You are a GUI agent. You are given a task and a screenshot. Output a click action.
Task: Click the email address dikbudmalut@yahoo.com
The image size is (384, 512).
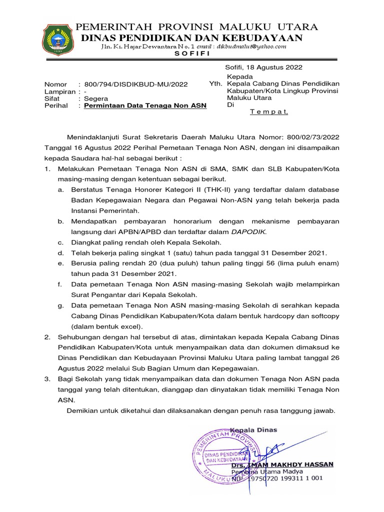pyautogui.click(x=254, y=46)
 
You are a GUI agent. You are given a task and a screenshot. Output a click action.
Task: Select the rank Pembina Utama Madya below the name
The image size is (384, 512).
pyautogui.click(x=262, y=471)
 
